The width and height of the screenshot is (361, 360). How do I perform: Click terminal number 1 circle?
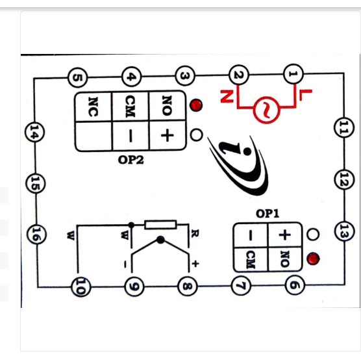tap(292, 76)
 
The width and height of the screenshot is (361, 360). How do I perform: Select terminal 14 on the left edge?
tap(32, 133)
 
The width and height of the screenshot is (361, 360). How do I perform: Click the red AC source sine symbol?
tap(266, 110)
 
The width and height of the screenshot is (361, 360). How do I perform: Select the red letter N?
tap(225, 97)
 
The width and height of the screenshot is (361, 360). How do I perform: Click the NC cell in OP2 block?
tap(93, 106)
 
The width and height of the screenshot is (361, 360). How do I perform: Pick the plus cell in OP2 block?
tap(168, 136)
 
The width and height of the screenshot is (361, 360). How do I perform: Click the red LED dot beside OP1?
tap(314, 259)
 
